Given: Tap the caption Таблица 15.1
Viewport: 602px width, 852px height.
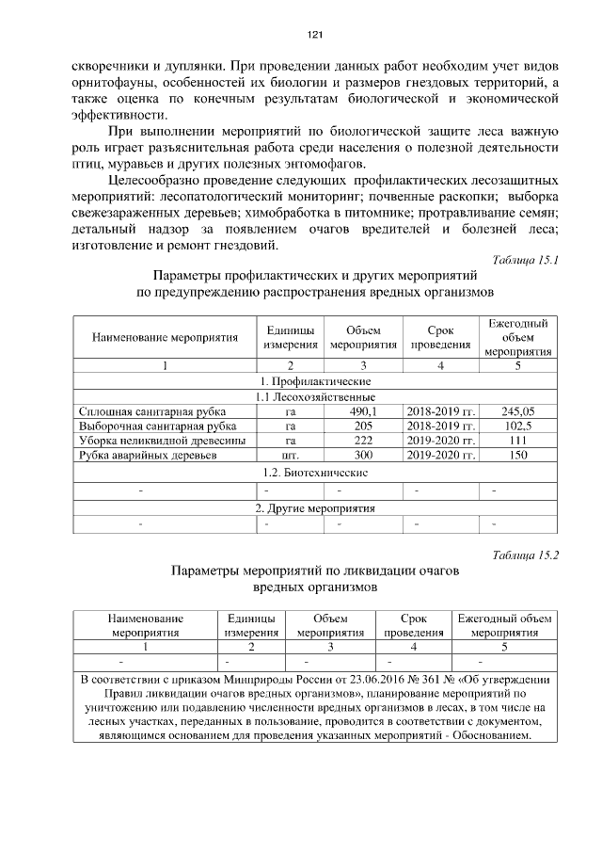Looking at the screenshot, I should pyautogui.click(x=526, y=259).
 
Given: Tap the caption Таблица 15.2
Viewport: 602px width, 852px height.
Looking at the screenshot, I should pyautogui.click(x=526, y=555).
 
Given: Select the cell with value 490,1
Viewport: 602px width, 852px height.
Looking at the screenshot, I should pyautogui.click(x=362, y=410).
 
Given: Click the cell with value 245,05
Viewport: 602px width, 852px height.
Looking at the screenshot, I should pyautogui.click(x=517, y=410).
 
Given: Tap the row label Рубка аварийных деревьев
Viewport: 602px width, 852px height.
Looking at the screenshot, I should pyautogui.click(x=135, y=456).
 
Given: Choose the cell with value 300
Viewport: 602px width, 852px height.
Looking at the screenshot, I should pyautogui.click(x=362, y=456).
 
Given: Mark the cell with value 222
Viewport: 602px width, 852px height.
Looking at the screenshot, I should pyautogui.click(x=362, y=441).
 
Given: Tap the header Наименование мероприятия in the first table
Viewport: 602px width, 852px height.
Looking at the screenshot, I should pyautogui.click(x=165, y=337).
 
